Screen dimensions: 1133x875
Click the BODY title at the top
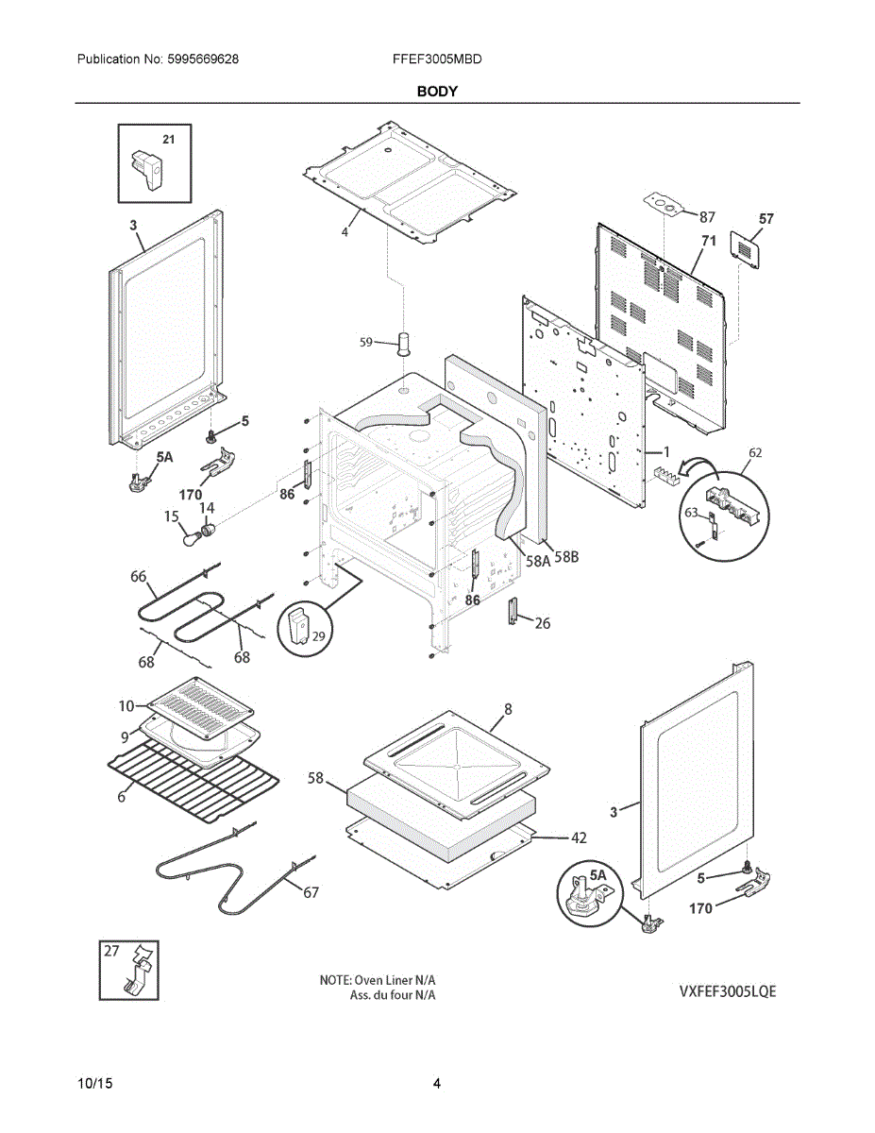tap(438, 92)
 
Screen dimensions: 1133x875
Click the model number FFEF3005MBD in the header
tap(437, 59)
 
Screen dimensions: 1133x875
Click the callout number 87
tap(707, 216)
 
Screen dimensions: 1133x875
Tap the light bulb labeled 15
tap(194, 540)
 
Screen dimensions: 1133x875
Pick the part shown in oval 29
tap(299, 627)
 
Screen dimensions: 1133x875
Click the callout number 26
tap(543, 623)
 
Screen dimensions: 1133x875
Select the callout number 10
tap(126, 705)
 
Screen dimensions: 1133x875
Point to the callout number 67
tap(311, 892)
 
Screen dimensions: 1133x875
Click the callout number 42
tap(579, 837)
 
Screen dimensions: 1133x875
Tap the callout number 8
tap(508, 708)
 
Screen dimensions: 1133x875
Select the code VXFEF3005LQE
tap(727, 991)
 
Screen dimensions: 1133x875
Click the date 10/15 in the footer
tap(94, 1084)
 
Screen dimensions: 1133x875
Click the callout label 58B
tap(567, 558)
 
